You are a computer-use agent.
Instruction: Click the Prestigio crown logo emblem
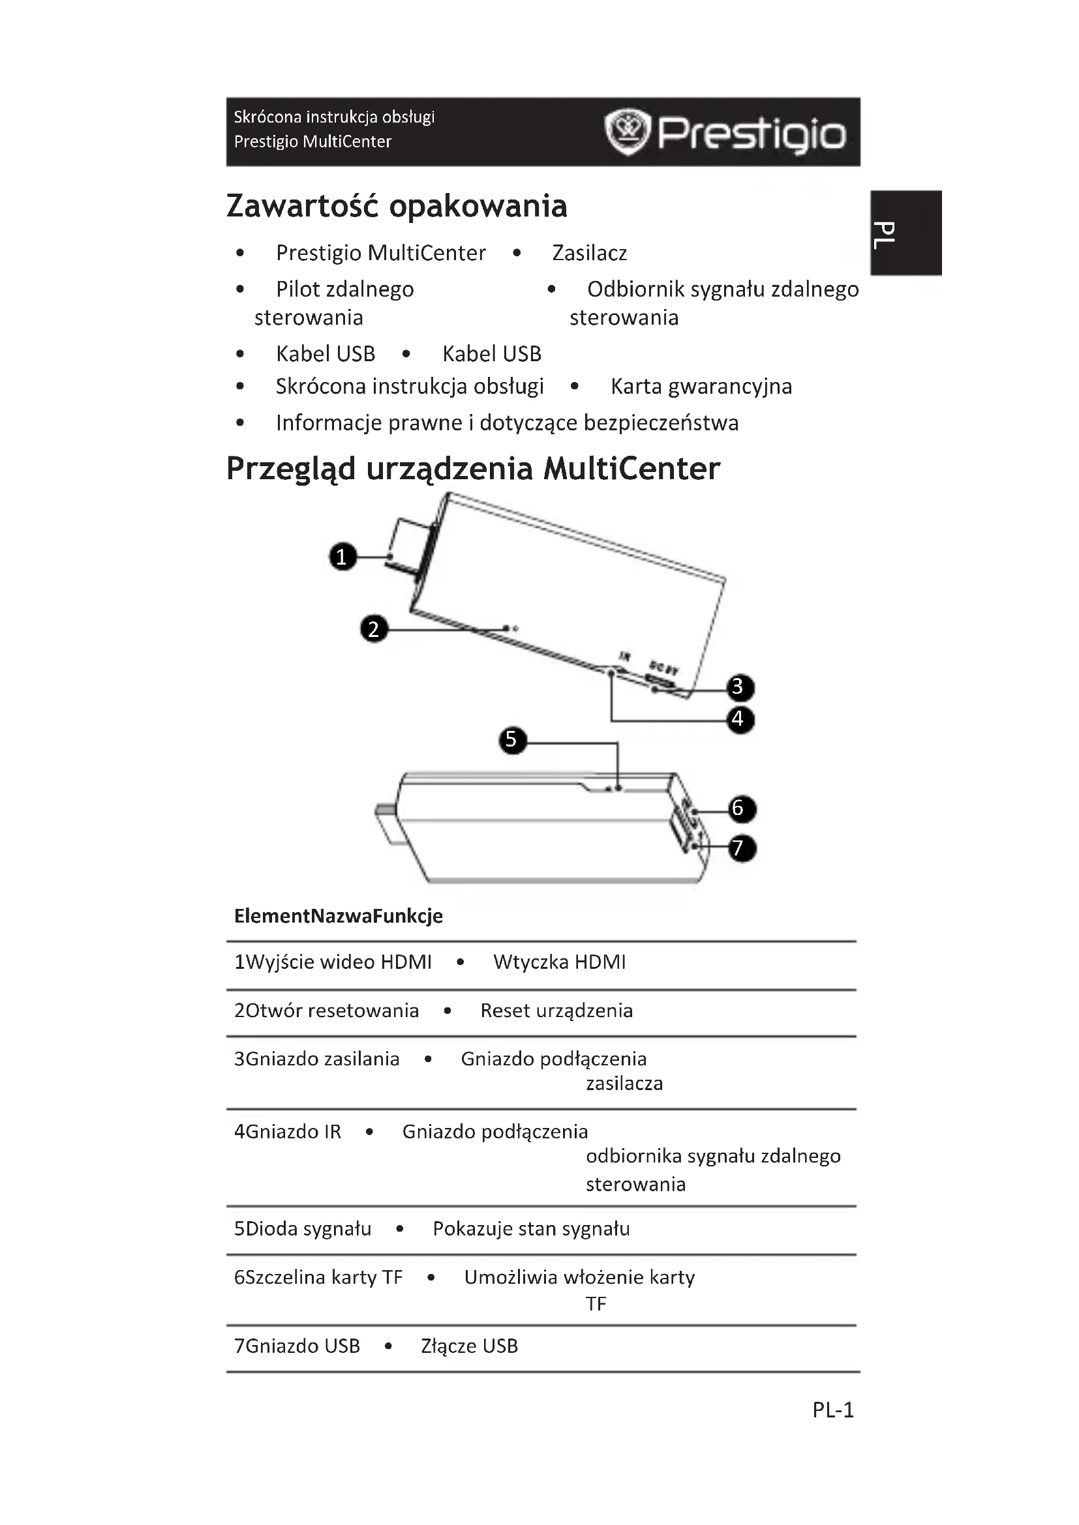point(626,132)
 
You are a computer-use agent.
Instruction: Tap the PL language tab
point(906,233)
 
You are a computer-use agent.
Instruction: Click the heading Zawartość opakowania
point(397,206)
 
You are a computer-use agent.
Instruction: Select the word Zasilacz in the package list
point(589,253)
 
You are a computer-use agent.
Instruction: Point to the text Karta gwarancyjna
point(701,387)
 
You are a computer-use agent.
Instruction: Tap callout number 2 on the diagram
point(373,629)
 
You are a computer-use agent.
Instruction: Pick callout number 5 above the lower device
point(511,739)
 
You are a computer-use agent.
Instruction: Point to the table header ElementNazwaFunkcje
point(338,916)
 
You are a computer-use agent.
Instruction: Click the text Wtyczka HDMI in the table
point(560,962)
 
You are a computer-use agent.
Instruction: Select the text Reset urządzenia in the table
point(556,1011)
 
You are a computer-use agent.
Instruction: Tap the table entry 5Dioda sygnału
point(302,1229)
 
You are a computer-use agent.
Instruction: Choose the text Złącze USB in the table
point(469,1346)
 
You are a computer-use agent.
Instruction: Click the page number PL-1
point(832,1410)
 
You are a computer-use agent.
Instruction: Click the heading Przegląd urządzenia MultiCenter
point(473,469)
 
